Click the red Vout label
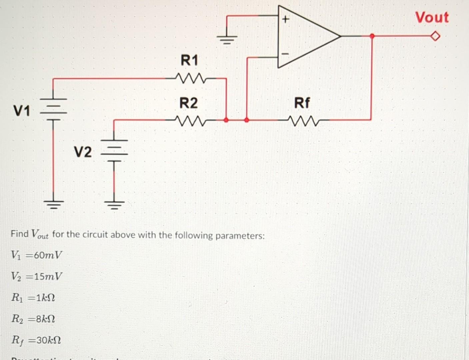click(432, 17)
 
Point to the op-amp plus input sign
click(285, 20)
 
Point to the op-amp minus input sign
click(285, 53)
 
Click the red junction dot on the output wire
click(372, 36)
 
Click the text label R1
click(189, 61)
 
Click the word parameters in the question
click(240, 236)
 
